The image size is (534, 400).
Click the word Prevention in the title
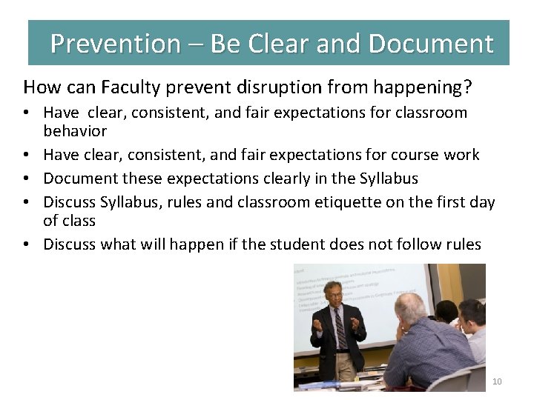point(115,44)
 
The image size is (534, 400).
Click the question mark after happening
point(467,87)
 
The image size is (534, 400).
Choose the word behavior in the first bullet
point(75,131)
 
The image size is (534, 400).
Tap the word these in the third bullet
point(123,179)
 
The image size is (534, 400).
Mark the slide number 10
point(497,381)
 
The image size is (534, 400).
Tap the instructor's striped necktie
point(340,327)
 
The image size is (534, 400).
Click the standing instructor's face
point(334,293)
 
